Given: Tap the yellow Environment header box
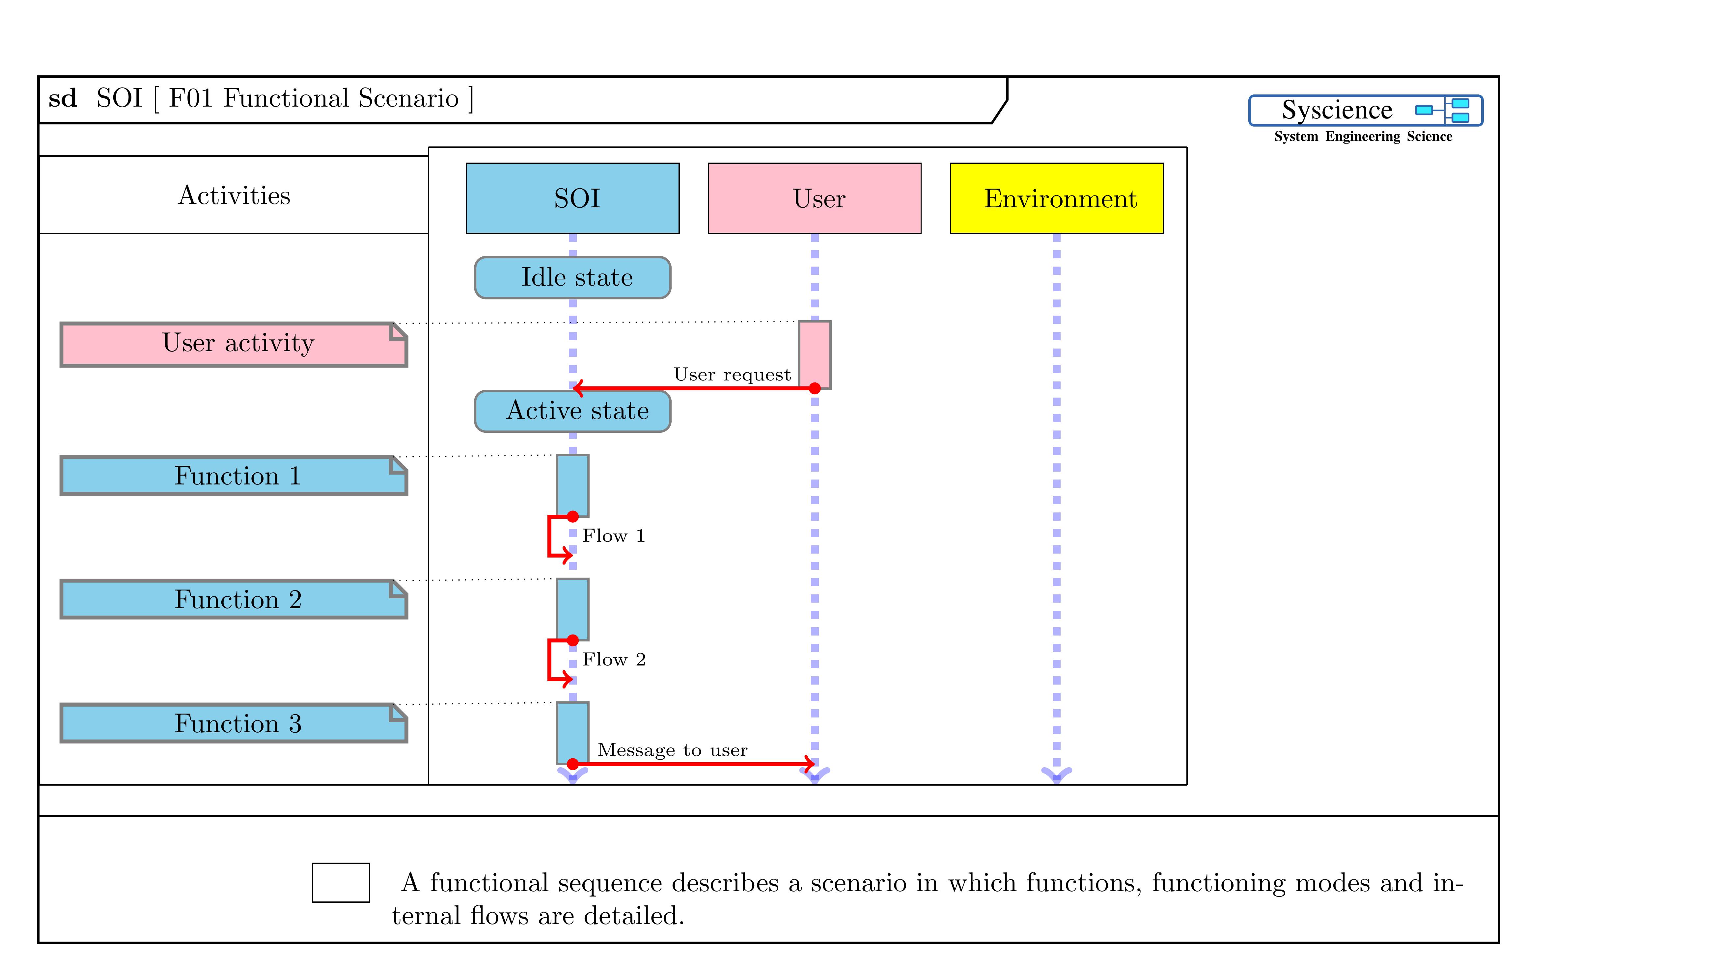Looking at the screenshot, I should [x=1056, y=198].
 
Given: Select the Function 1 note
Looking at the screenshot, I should [x=234, y=475].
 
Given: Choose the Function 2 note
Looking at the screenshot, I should [x=234, y=599].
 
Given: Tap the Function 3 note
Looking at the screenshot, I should [x=234, y=723].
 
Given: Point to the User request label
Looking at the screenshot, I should [x=732, y=375].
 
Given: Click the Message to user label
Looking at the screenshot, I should [x=672, y=750].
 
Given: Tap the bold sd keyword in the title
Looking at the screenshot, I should [x=63, y=99].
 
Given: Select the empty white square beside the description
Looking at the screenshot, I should [x=341, y=882].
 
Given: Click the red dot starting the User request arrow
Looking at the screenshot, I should [x=815, y=388].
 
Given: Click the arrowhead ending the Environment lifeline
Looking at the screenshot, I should [x=1056, y=774].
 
